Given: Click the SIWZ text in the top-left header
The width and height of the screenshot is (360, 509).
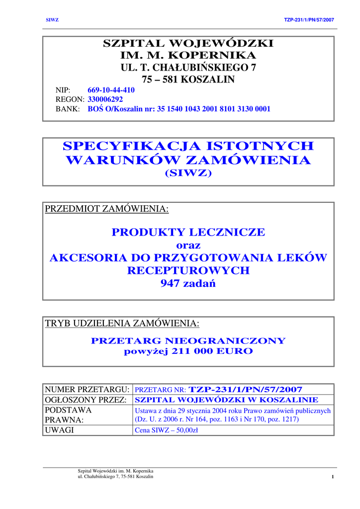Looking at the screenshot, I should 52,20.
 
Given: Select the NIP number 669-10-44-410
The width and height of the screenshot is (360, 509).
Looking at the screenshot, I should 111,90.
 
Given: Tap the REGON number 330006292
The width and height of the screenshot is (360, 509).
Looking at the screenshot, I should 105,99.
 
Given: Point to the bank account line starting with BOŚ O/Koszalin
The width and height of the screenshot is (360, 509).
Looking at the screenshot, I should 179,109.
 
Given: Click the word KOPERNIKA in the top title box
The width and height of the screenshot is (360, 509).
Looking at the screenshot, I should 213,55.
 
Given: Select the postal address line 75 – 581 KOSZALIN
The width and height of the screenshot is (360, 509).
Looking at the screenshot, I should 188,80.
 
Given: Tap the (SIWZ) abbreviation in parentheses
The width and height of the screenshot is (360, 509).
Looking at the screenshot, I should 188,173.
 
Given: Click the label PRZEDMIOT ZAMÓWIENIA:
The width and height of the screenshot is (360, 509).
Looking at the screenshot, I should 107,209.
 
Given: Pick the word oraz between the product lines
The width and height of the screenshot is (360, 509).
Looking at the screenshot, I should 188,245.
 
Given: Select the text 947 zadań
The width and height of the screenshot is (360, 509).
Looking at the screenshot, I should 188,284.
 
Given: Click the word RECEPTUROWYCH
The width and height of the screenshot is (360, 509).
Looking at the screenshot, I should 188,271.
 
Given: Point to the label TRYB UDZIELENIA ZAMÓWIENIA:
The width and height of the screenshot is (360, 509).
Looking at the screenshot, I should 122,324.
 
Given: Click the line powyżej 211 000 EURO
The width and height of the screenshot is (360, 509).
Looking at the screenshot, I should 188,351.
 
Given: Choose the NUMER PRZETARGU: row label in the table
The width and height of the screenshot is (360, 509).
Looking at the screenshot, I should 88,389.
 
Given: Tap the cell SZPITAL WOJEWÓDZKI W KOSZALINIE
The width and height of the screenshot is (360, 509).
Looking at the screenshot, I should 227,400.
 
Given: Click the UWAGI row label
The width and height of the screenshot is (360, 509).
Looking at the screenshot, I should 60,430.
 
